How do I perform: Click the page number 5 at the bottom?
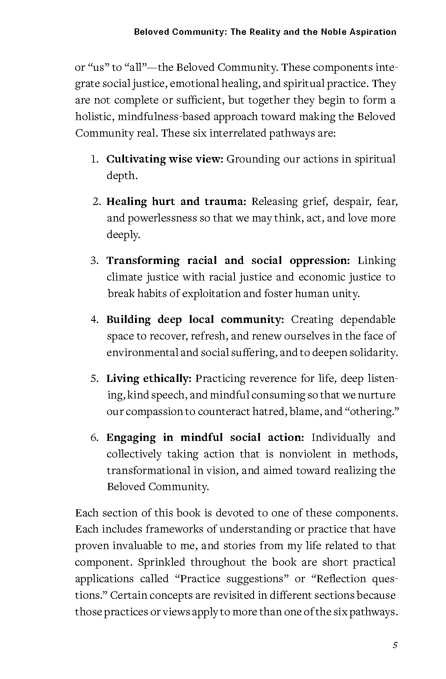pos(395,645)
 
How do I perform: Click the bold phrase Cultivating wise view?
pos(165,159)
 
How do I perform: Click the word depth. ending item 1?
pos(122,176)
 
